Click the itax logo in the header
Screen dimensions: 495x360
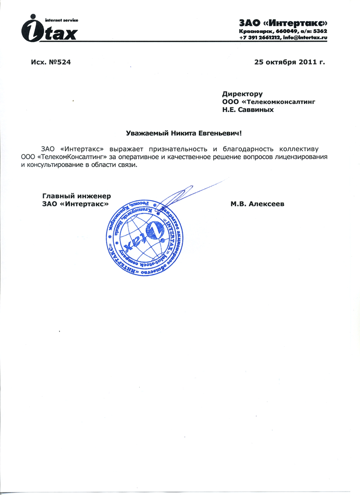[49, 29]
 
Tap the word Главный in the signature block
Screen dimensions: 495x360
[57, 196]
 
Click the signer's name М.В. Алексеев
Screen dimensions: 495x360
[257, 203]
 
